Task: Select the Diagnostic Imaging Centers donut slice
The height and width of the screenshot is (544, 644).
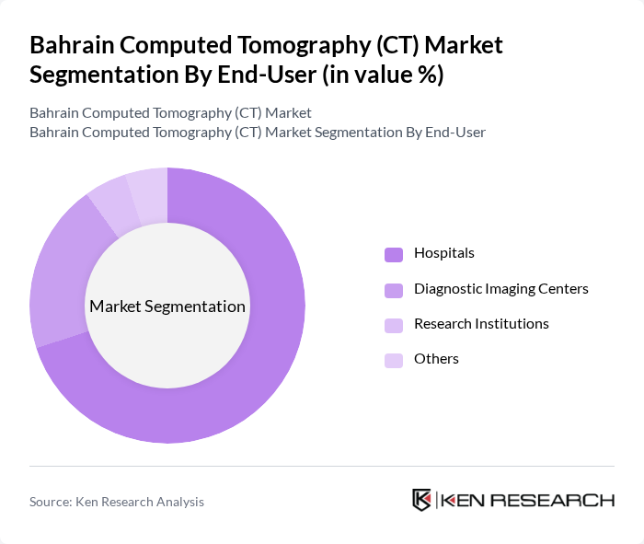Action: [57, 276]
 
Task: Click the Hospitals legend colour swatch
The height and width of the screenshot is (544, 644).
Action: [394, 254]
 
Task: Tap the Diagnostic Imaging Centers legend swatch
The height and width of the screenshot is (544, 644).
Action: [394, 290]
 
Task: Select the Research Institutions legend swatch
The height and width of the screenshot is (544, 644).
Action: [394, 325]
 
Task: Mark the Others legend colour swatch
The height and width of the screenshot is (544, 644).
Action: [394, 360]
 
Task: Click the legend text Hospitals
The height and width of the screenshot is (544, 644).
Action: [444, 253]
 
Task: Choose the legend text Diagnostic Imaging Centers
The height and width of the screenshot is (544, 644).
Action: [501, 289]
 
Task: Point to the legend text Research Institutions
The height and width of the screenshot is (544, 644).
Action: [481, 324]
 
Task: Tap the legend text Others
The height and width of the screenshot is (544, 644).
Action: [436, 359]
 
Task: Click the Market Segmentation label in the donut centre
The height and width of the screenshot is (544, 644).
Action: [167, 307]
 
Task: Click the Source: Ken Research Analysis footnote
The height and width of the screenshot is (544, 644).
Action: [117, 502]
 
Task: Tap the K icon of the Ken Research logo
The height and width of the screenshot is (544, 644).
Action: [422, 500]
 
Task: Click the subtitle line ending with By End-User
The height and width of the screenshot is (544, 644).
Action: [258, 133]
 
